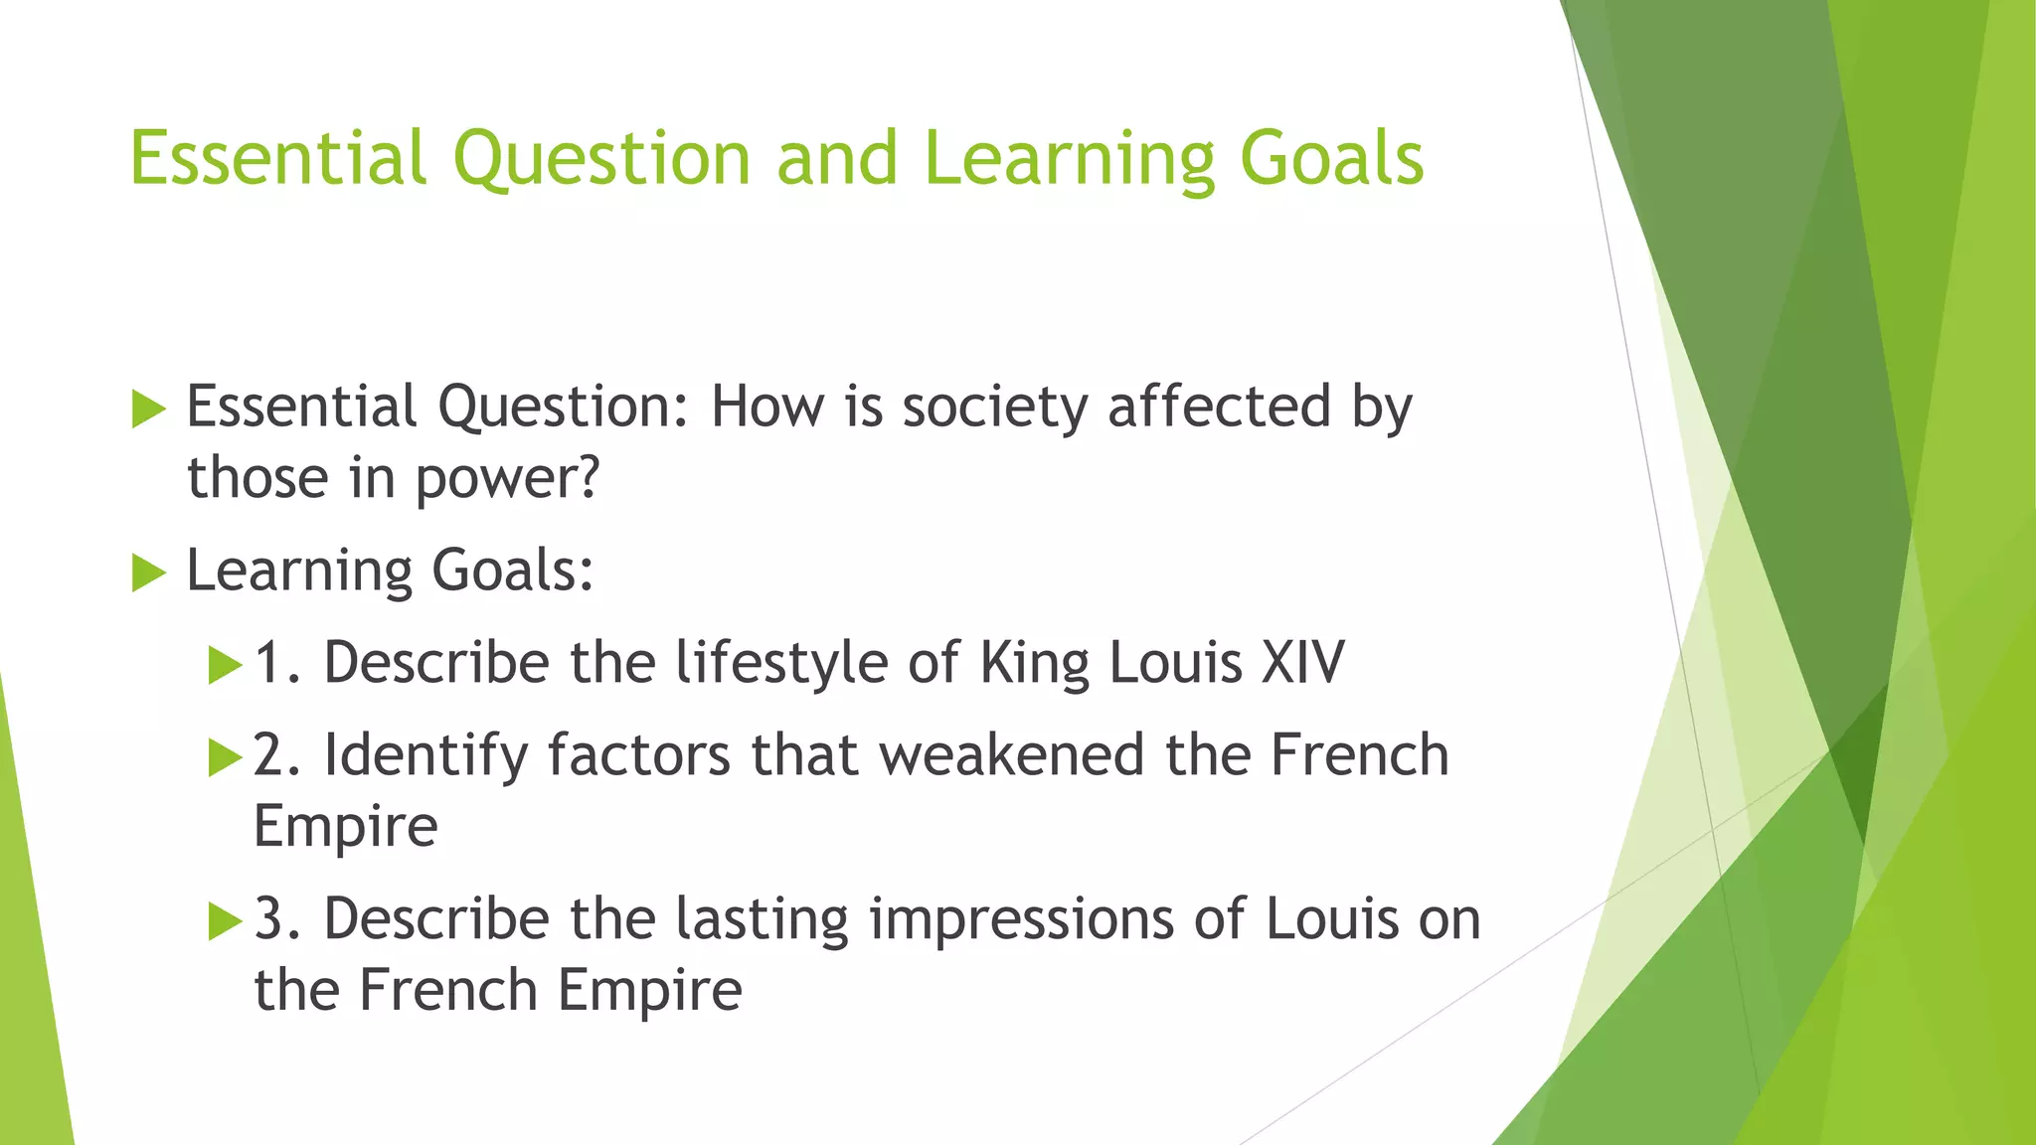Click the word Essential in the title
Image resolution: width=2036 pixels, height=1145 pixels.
[x=278, y=159]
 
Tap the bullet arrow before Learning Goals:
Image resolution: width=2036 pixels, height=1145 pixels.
[x=148, y=572]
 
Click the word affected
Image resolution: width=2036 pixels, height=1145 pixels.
[x=1219, y=408]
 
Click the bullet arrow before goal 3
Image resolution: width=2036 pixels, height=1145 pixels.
[x=226, y=922]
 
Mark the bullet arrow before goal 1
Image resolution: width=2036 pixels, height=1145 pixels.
[x=226, y=665]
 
